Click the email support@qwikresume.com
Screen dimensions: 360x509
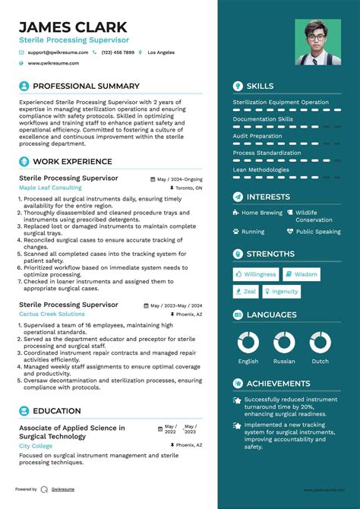pyautogui.click(x=58, y=52)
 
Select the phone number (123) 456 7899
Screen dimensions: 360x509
pyautogui.click(x=118, y=52)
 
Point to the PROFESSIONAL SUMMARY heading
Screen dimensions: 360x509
pyautogui.click(x=86, y=86)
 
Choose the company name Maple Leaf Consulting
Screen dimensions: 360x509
pyautogui.click(x=50, y=187)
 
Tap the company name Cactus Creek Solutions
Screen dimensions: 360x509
pyautogui.click(x=52, y=314)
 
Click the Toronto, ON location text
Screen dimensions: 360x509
pyautogui.click(x=188, y=187)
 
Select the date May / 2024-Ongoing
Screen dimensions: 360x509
pyautogui.click(x=179, y=179)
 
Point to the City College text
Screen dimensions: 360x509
pyautogui.click(x=36, y=446)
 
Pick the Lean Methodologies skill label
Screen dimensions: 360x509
pyautogui.click(x=261, y=170)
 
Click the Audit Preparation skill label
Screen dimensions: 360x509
pyautogui.click(x=258, y=136)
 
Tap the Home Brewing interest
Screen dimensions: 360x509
pyautogui.click(x=261, y=213)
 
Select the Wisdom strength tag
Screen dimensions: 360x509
pyautogui.click(x=305, y=274)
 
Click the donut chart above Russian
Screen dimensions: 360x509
pyautogui.click(x=284, y=343)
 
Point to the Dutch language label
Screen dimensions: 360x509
pyautogui.click(x=320, y=362)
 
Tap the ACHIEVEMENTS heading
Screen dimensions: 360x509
pyautogui.click(x=278, y=384)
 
